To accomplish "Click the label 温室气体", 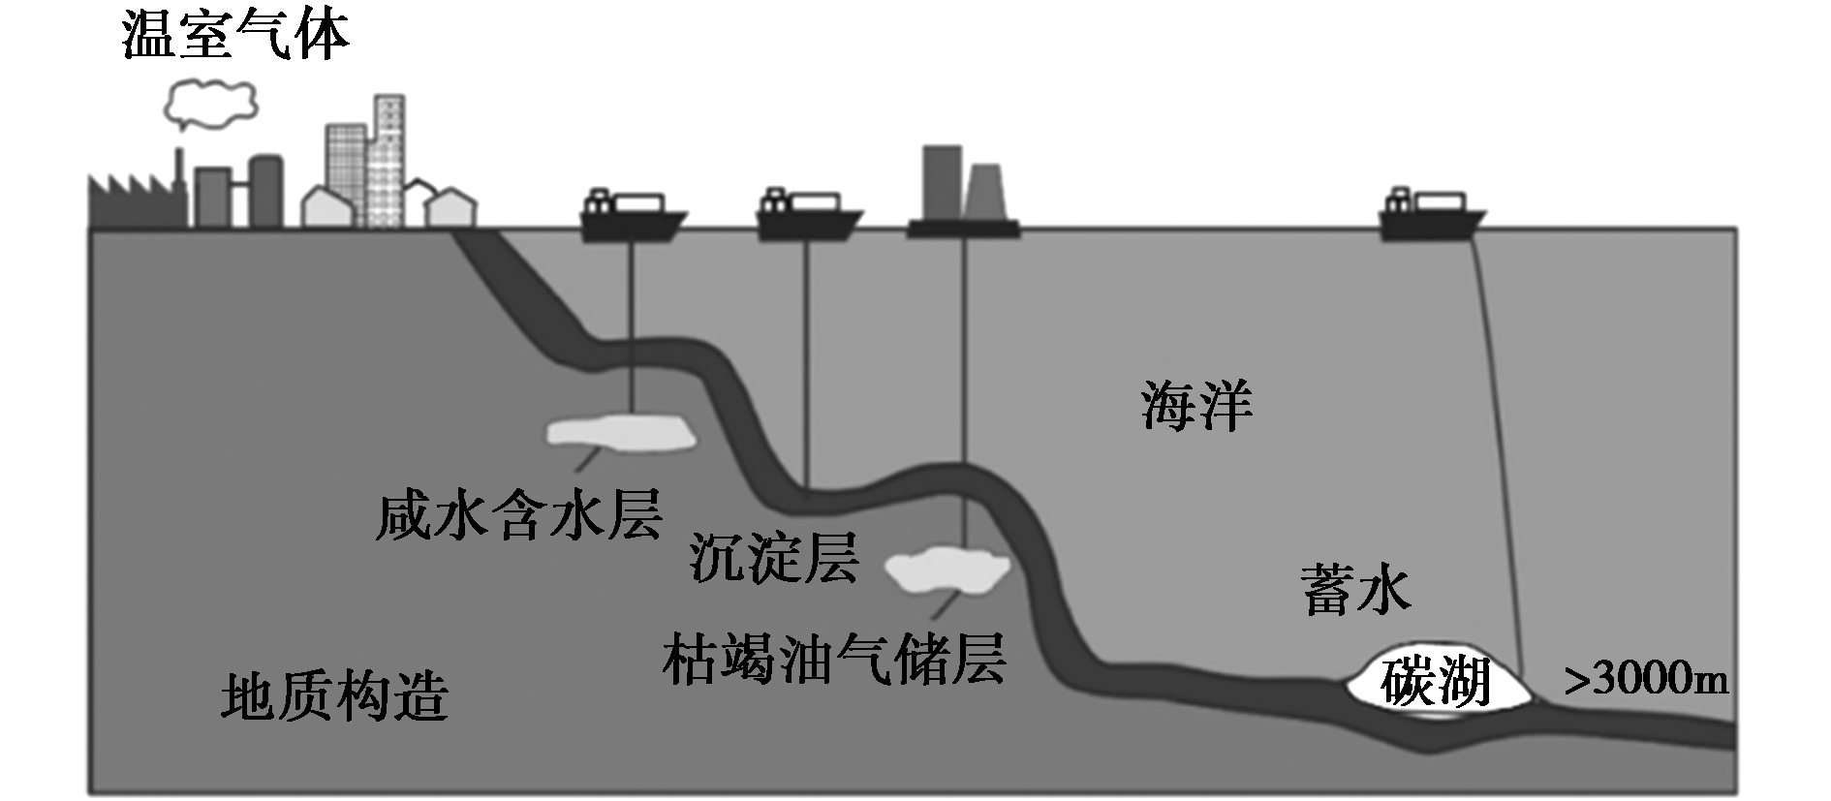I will point(235,38).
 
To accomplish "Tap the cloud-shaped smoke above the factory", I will point(210,103).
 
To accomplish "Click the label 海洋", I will point(1196,406).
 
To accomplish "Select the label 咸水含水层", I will point(518,514).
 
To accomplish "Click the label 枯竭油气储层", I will point(834,660).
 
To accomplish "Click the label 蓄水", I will point(1355,590).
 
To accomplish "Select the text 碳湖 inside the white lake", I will point(1436,683).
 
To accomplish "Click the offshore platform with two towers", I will point(963,194).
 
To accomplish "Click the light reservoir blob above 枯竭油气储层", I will point(947,570).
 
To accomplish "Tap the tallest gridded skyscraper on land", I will point(388,160).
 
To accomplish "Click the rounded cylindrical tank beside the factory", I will point(265,190).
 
